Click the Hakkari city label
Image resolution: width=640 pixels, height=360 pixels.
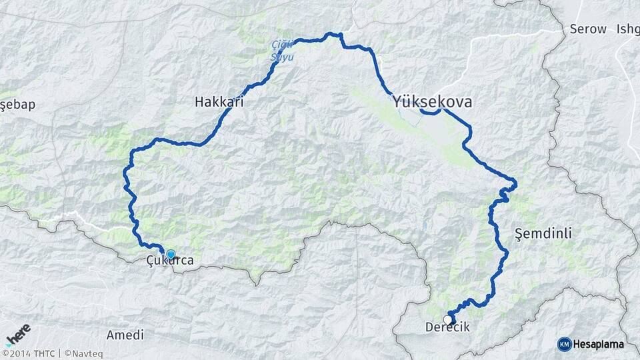coord(219,102)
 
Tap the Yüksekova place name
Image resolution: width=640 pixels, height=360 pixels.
coord(433,102)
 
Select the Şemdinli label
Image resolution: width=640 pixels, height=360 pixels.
coord(544,233)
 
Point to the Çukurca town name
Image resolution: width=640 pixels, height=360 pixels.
coord(170,261)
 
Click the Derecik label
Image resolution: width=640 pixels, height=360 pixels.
coord(447,327)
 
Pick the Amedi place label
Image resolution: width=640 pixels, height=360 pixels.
coord(125,335)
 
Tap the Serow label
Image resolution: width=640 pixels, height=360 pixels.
coord(588,29)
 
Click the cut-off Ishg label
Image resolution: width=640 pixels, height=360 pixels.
coord(628,29)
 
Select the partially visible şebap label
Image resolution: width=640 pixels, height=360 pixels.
coord(17,105)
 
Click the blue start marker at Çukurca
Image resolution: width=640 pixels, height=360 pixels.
coord(171,254)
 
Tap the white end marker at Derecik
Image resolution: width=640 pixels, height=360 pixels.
coord(448,319)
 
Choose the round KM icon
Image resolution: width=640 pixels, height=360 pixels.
coord(564,344)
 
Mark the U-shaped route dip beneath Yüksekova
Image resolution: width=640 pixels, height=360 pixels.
coord(431,113)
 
